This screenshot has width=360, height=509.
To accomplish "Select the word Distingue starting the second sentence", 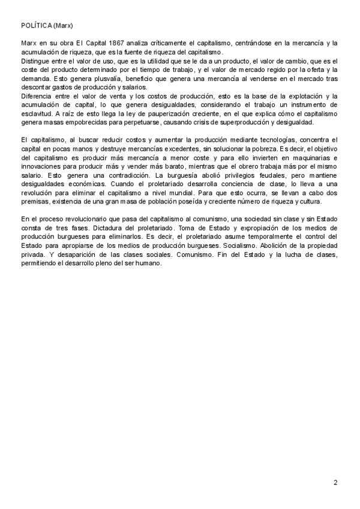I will [35, 61].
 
